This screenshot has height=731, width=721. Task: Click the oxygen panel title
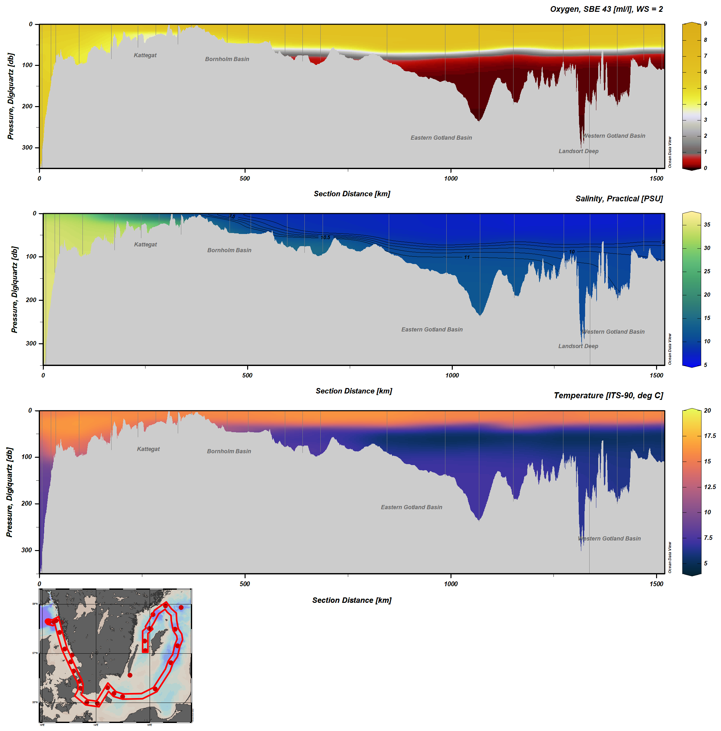pyautogui.click(x=606, y=9)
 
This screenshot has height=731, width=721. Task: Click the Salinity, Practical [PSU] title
pyautogui.click(x=618, y=198)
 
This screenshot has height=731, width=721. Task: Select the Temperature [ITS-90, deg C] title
pyautogui.click(x=608, y=395)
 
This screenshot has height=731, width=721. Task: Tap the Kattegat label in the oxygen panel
pyautogui.click(x=145, y=55)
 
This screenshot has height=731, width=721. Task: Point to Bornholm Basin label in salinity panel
pyautogui.click(x=229, y=250)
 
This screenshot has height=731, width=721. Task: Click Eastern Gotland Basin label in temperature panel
pyautogui.click(x=411, y=507)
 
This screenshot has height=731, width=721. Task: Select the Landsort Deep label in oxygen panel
pyautogui.click(x=578, y=151)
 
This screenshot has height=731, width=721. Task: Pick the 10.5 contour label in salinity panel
pyautogui.click(x=325, y=237)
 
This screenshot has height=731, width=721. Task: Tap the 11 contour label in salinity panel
pyautogui.click(x=467, y=257)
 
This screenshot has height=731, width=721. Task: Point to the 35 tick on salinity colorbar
pyautogui.click(x=707, y=225)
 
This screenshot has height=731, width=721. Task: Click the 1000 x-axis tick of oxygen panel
pyautogui.click(x=451, y=179)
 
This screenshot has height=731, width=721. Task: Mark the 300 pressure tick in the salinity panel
pyautogui.click(x=31, y=344)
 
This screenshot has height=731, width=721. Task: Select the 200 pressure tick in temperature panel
pyautogui.click(x=27, y=504)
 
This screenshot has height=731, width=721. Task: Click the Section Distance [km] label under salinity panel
pyautogui.click(x=354, y=391)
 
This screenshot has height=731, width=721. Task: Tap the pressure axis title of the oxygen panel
pyautogui.click(x=11, y=96)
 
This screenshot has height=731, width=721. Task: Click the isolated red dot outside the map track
pyautogui.click(x=130, y=675)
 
